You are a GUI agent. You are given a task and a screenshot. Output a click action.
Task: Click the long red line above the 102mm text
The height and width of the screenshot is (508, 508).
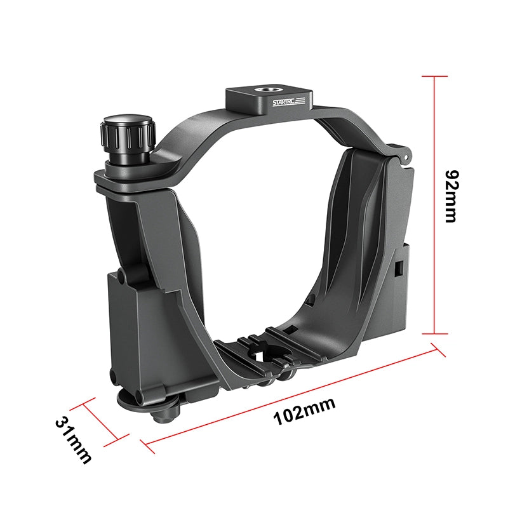tap(288, 394)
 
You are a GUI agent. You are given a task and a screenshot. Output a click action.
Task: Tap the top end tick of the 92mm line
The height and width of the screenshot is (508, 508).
tap(434, 76)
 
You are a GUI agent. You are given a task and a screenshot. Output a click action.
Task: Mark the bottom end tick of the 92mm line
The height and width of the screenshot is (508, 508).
tap(434, 333)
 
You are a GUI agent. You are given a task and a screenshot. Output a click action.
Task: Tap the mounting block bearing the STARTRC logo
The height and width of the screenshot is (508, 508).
tap(269, 99)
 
